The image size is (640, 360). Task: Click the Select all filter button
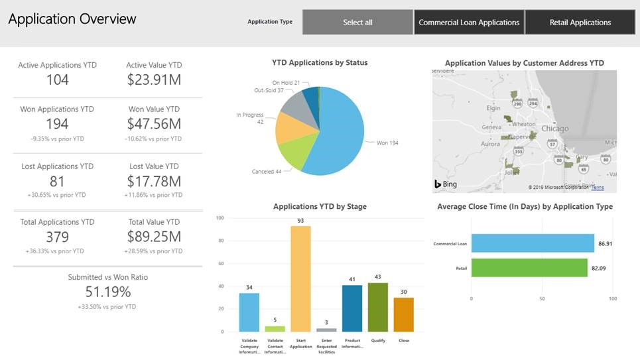357,23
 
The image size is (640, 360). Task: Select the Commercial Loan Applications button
469,23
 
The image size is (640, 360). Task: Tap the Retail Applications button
580,23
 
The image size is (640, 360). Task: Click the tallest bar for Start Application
300,278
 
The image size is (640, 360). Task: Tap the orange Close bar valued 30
403,314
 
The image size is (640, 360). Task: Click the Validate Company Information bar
249,312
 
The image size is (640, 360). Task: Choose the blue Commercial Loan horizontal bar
533,243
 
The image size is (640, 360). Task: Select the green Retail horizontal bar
529,268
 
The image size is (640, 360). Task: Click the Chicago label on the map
554,129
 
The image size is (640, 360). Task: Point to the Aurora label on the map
489,143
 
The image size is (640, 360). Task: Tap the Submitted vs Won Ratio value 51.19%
108,292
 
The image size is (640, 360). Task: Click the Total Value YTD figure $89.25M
154,237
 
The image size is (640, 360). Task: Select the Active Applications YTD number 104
57,80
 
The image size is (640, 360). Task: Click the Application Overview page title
72,19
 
